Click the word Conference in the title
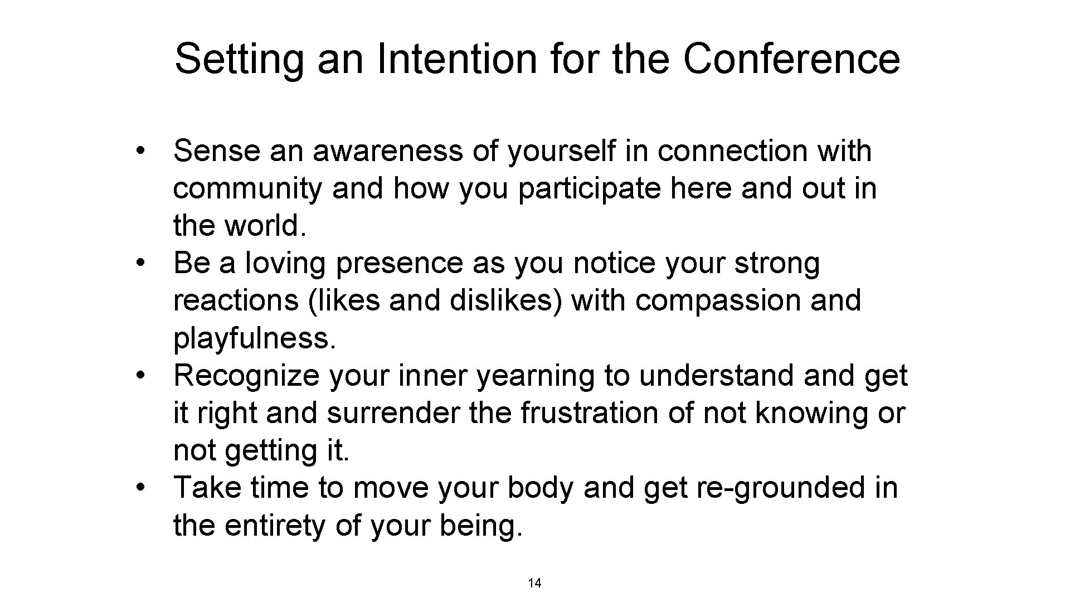pyautogui.click(x=791, y=59)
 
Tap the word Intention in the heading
pyautogui.click(x=456, y=59)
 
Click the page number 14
pyautogui.click(x=534, y=584)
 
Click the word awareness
pyautogui.click(x=388, y=152)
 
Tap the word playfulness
pyautogui.click(x=255, y=339)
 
